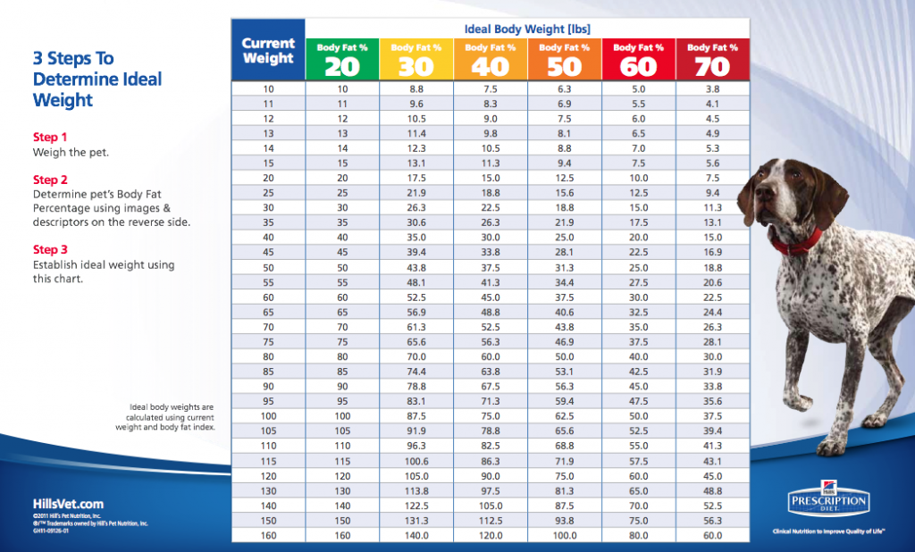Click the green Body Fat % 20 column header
342,59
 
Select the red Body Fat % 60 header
639,59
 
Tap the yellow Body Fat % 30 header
416,59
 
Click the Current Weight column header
268,50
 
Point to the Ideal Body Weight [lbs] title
527,29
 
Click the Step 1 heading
50,138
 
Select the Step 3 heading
50,250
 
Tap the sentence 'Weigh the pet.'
71,153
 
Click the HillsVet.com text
68,504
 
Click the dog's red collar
798,240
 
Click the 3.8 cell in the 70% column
713,89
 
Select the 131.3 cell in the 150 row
416,521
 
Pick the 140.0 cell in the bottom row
416,536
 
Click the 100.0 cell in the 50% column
565,536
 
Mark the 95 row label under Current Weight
268,402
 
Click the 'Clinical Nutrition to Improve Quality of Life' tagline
828,531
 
